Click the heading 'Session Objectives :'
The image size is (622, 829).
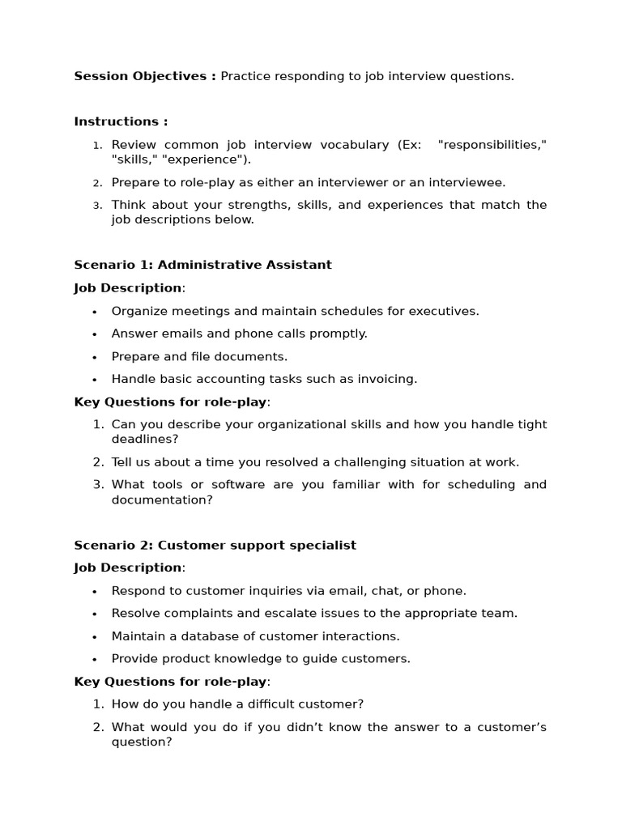145,76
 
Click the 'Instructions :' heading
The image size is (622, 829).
121,121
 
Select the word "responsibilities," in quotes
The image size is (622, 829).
492,144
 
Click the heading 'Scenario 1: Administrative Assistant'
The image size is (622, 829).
202,265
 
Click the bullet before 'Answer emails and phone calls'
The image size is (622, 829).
95,334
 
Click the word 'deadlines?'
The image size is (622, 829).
145,439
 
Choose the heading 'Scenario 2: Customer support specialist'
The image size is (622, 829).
215,545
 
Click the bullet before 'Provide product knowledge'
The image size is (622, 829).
95,659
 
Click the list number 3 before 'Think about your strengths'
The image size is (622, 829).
97,206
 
